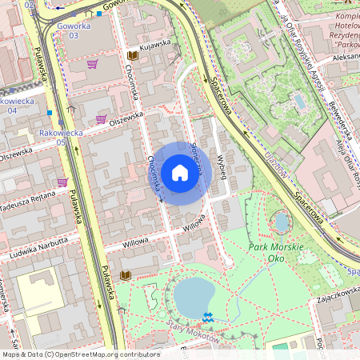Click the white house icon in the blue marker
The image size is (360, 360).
click(180, 173)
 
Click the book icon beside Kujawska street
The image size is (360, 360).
click(132, 55)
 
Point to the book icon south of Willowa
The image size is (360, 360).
click(125, 275)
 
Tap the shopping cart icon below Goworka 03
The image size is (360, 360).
click(93, 64)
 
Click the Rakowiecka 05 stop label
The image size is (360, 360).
click(53, 142)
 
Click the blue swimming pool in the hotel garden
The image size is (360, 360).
click(299, 102)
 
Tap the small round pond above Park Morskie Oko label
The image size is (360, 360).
click(281, 222)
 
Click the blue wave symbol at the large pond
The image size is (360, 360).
click(210, 318)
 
